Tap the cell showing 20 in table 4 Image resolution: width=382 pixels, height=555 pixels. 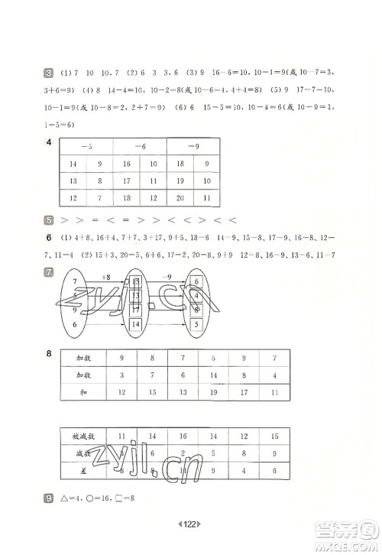coord(181,198)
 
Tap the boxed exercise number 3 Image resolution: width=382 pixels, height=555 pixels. coord(48,73)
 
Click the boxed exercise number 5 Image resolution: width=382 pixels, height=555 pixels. coord(48,220)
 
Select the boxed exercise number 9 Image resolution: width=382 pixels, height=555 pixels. coord(48,500)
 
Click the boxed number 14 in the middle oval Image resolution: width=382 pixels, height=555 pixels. coord(136,324)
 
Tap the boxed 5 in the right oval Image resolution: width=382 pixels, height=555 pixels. coord(197,324)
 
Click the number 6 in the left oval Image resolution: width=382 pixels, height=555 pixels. coord(74,324)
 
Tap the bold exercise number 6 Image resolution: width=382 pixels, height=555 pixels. coord(48,238)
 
